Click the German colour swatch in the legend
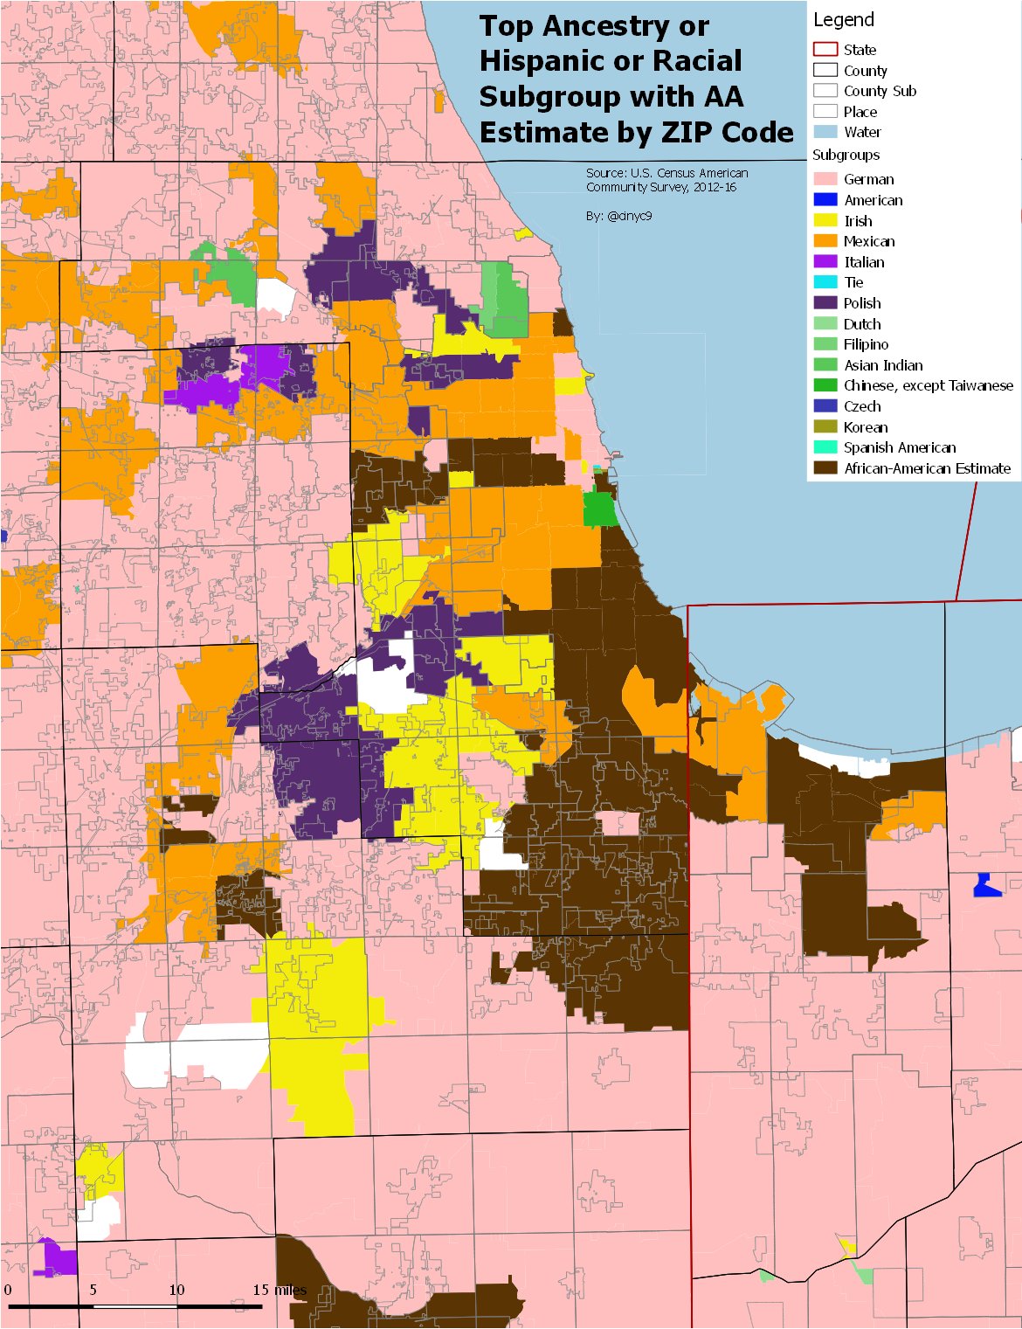[825, 179]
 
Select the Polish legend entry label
[862, 303]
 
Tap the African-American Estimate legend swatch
[825, 468]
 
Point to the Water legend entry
[862, 132]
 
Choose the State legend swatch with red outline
[825, 50]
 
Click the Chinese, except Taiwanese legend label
[929, 385]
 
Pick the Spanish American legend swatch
[825, 447]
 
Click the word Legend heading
[843, 20]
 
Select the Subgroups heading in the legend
[846, 155]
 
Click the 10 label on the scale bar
[176, 1290]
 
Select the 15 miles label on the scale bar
[280, 1290]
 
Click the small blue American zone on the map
[986, 887]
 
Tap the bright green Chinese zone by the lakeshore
[599, 509]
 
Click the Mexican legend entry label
[869, 241]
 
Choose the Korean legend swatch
[825, 427]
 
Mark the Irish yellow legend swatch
[825, 221]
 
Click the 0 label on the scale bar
[8, 1290]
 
